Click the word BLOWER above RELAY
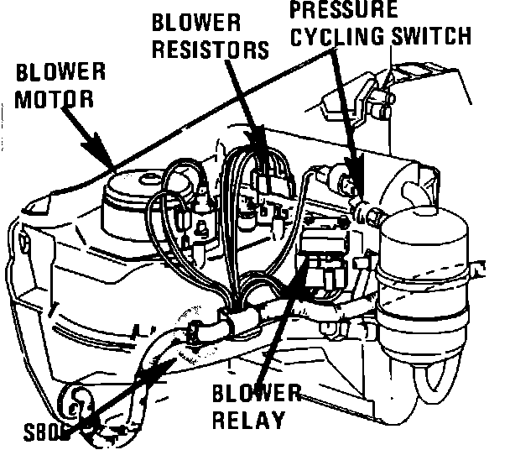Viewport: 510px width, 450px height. pos(256,394)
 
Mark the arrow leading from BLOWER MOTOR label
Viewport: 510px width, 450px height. pos(88,138)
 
